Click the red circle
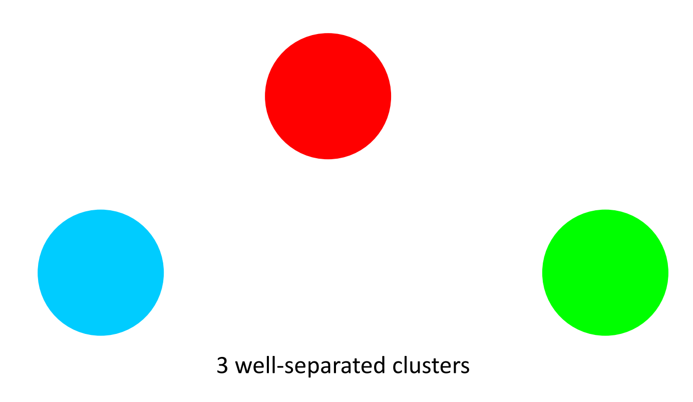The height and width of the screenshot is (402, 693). (x=328, y=96)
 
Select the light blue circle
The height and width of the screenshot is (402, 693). (x=101, y=272)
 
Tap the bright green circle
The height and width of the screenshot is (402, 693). (x=605, y=272)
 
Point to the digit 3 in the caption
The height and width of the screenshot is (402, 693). (x=222, y=366)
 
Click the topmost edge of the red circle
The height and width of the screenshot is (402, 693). (x=328, y=34)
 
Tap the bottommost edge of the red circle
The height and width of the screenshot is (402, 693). (x=328, y=158)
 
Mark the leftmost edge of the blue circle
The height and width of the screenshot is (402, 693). (x=39, y=272)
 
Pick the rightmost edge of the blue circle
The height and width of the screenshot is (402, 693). (x=163, y=272)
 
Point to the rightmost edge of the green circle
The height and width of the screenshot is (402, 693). (x=667, y=272)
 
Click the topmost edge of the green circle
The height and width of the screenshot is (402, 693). (x=605, y=210)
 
